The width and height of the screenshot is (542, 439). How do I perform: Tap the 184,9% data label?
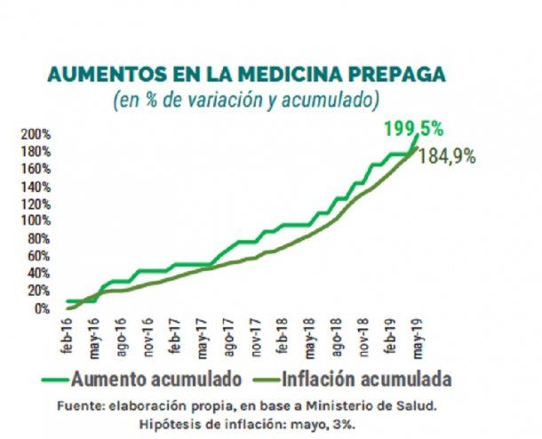click(x=452, y=156)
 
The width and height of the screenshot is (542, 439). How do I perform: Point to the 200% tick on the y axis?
click(x=36, y=134)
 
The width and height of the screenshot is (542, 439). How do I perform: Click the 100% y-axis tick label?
click(x=36, y=221)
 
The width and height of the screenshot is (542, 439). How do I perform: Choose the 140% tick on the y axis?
click(x=36, y=187)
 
